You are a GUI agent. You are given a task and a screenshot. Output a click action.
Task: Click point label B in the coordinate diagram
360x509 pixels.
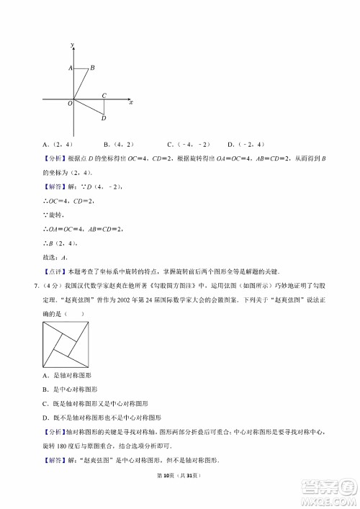(92, 68)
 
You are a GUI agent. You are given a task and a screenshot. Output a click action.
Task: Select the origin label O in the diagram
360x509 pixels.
(70, 104)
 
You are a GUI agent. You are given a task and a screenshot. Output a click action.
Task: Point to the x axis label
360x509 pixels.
(130, 103)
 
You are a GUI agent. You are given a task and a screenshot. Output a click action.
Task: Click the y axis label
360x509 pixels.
(73, 45)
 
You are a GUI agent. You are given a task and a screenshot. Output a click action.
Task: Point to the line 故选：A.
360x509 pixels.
(55, 256)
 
